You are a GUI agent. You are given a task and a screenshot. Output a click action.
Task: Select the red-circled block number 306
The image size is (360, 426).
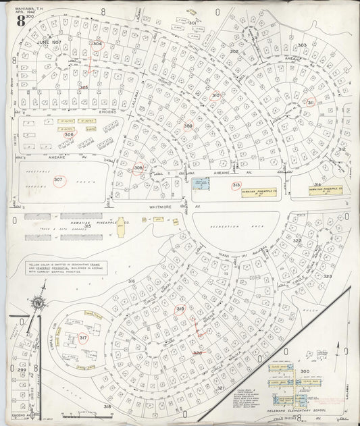tap(69, 134)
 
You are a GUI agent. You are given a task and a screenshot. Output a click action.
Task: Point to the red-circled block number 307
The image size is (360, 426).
tap(59, 180)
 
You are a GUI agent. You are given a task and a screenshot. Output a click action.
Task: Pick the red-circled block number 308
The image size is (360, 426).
tap(138, 168)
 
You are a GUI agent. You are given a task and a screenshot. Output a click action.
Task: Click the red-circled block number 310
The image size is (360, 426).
tap(215, 96)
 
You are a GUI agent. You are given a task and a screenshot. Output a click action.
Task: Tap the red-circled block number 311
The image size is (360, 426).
tap(310, 103)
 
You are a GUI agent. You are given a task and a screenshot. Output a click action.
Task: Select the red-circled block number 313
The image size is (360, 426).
tap(236, 184)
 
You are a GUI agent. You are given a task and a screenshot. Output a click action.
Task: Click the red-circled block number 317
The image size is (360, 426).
tap(84, 338)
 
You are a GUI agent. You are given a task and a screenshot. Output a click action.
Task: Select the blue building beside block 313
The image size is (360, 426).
tap(201, 184)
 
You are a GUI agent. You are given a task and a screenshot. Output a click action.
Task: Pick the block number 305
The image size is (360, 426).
tap(84, 87)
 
